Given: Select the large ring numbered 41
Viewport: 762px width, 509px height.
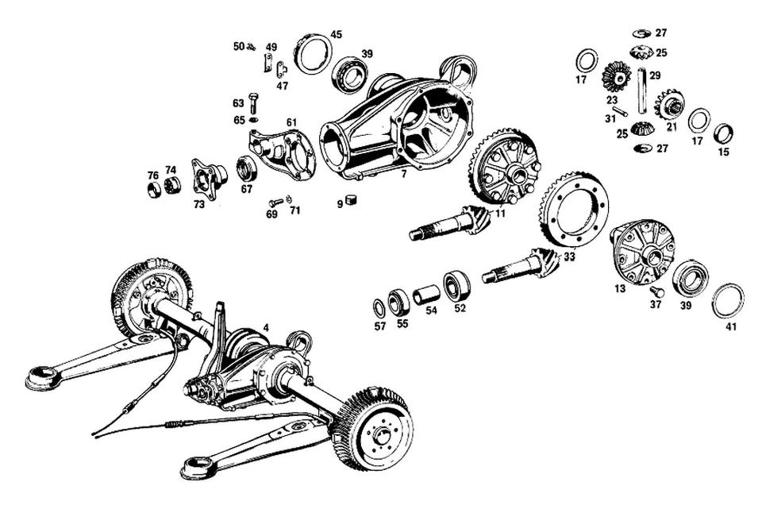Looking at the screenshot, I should [x=728, y=299].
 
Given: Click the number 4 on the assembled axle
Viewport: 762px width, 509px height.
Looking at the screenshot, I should [x=266, y=327].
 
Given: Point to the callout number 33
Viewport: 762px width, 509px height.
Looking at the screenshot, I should [x=569, y=256].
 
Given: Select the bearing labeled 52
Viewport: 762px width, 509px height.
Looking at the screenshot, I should [x=458, y=284].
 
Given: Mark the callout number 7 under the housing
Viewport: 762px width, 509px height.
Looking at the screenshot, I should [x=404, y=173].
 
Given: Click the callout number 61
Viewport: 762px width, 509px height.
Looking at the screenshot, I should [x=291, y=121].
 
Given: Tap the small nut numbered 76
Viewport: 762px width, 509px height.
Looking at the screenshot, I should [x=152, y=189].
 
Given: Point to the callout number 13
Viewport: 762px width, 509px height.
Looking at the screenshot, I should [x=620, y=289].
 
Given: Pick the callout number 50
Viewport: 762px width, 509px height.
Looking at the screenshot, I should [x=239, y=46].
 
